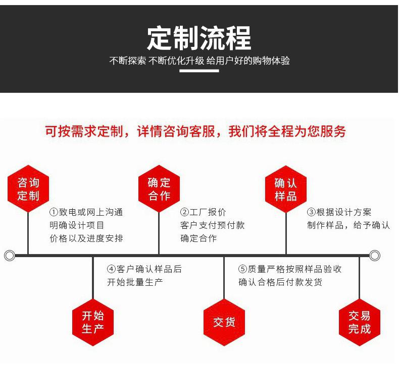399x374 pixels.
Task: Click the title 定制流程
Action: tap(199, 38)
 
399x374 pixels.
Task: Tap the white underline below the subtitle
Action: tap(199, 71)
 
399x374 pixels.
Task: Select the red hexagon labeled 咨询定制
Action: tap(28, 189)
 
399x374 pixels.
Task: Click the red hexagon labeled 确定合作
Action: tap(159, 189)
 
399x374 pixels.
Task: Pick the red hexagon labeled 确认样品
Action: tap(286, 189)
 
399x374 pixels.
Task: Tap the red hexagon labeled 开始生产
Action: tap(93, 322)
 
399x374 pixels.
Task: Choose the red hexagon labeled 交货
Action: tap(224, 322)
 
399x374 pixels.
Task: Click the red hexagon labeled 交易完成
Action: tap(359, 322)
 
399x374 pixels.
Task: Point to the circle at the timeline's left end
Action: tap(9, 256)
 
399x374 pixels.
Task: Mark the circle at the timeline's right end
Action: tap(374, 256)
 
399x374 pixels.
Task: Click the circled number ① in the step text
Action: tap(53, 213)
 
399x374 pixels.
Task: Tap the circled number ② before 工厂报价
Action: tap(184, 213)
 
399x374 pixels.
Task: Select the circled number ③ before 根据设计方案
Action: tap(311, 213)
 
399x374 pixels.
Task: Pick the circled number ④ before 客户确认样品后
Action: tap(111, 269)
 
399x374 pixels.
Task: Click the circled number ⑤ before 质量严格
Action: tap(242, 269)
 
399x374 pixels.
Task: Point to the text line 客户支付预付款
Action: tap(212, 225)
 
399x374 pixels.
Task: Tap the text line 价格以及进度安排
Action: tap(86, 238)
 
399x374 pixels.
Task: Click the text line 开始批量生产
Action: tap(135, 282)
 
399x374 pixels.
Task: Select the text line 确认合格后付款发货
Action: tap(280, 282)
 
